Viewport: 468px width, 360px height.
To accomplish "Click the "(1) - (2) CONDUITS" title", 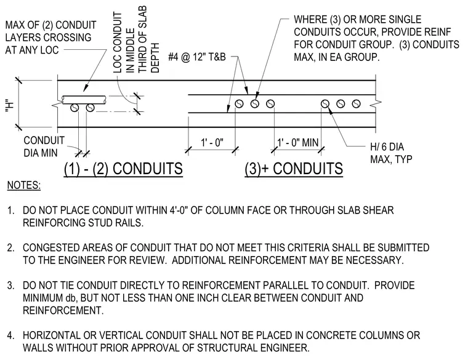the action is pyautogui.click(x=123, y=169).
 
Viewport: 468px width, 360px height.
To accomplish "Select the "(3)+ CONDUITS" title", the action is pyautogui.click(x=294, y=169).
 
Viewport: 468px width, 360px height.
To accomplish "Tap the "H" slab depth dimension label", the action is pyautogui.click(x=10, y=106).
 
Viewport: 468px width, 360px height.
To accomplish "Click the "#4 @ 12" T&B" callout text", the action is pyautogui.click(x=197, y=57).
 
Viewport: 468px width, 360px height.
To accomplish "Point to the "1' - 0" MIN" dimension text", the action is pyautogui.click(x=298, y=142).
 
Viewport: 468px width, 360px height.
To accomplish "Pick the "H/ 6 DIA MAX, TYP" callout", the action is pyautogui.click(x=391, y=153).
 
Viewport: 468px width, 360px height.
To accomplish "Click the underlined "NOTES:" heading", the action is pyautogui.click(x=24, y=185).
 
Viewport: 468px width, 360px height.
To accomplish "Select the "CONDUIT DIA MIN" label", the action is pyautogui.click(x=44, y=146).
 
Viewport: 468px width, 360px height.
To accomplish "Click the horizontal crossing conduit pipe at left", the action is pyautogui.click(x=84, y=100).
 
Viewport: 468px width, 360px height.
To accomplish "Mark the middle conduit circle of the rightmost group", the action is pyautogui.click(x=341, y=104).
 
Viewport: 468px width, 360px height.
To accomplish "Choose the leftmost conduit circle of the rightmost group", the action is pyautogui.click(x=325, y=104).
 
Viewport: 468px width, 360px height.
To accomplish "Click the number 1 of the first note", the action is pyautogui.click(x=10, y=210).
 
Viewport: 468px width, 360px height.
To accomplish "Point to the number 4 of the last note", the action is pyautogui.click(x=10, y=335).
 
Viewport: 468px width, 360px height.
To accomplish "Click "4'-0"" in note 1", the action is pyautogui.click(x=179, y=210).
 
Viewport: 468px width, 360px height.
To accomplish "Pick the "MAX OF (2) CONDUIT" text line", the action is pyautogui.click(x=50, y=25).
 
